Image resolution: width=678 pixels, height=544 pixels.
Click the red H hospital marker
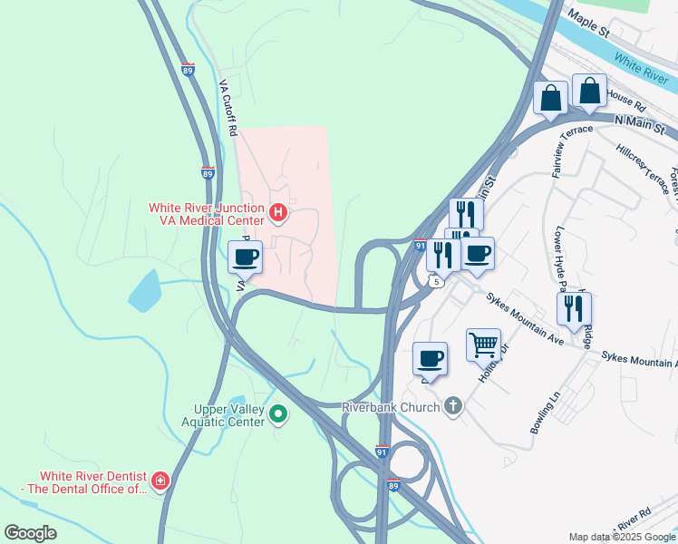click(279, 215)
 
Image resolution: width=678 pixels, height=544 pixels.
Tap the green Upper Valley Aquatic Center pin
click(279, 415)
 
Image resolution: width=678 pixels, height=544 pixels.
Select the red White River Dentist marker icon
click(160, 481)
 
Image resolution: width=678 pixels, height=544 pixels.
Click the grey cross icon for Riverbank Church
click(453, 406)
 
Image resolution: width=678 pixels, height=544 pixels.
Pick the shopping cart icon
click(483, 345)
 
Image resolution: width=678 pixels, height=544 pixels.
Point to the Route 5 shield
click(438, 282)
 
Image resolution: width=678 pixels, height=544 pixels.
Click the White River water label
click(640, 63)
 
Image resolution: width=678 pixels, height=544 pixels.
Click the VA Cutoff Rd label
click(228, 107)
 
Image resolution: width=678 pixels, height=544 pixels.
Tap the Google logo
click(30, 532)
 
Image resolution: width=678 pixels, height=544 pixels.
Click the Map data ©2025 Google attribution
click(621, 537)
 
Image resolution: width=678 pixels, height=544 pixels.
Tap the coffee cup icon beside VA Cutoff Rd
click(245, 257)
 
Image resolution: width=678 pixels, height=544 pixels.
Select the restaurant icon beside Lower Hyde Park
click(574, 308)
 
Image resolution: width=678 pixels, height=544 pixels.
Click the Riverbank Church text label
click(390, 406)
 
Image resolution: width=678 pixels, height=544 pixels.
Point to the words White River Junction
click(206, 208)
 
